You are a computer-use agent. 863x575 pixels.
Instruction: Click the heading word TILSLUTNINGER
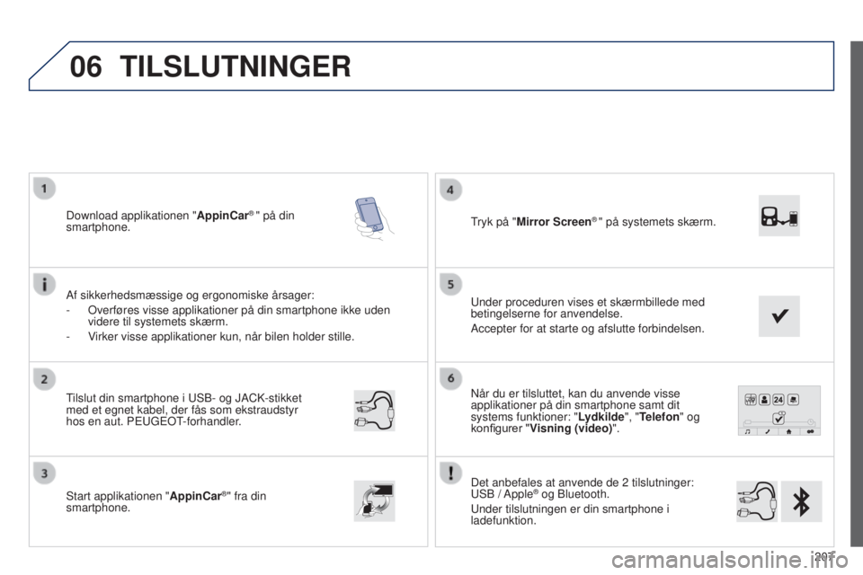point(236,66)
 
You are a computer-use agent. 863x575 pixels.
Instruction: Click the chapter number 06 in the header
point(86,66)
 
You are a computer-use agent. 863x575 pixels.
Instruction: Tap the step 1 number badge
point(45,189)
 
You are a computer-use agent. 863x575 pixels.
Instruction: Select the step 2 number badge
point(45,379)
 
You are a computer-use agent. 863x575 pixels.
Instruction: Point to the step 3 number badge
point(45,473)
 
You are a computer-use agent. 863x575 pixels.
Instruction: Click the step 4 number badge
point(450,190)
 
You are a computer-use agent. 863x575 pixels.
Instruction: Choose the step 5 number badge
point(450,285)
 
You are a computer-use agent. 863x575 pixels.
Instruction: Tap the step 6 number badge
point(450,378)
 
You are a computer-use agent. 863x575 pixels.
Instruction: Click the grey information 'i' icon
point(45,283)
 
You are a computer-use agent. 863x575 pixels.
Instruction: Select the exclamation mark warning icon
point(450,473)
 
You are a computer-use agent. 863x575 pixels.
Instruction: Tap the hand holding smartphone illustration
point(374,218)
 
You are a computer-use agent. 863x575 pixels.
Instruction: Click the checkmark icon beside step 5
point(778,316)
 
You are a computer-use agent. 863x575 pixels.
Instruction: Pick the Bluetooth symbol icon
point(801,501)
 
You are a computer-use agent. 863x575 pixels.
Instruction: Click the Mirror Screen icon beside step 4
point(778,216)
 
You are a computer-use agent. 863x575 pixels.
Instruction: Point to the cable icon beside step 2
point(374,411)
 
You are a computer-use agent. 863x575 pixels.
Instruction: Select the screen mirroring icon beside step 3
point(374,500)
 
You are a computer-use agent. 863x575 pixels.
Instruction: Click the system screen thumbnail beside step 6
point(779,411)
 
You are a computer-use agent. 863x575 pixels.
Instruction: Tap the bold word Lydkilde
point(601,417)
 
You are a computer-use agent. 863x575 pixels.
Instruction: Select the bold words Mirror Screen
point(554,222)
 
